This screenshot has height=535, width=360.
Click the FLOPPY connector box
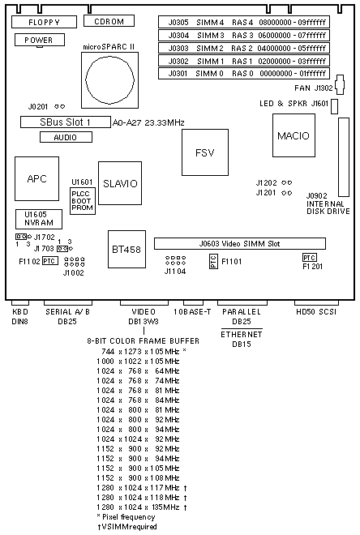click(x=44, y=22)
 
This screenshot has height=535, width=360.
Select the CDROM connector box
click(x=109, y=21)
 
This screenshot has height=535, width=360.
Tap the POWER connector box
click(x=40, y=40)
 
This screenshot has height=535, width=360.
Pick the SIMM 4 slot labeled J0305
click(x=244, y=22)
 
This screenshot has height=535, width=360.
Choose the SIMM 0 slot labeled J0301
click(x=244, y=73)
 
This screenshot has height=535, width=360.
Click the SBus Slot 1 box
click(x=66, y=122)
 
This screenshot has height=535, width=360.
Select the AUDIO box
click(x=66, y=137)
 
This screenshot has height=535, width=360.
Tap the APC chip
click(x=36, y=179)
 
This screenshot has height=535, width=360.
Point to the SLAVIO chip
click(x=120, y=183)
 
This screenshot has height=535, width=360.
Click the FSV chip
click(x=205, y=152)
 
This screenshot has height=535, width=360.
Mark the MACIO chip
click(x=294, y=135)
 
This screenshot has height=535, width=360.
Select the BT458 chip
click(x=126, y=250)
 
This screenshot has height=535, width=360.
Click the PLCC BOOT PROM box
click(x=83, y=201)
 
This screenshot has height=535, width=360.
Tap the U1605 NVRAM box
click(x=39, y=219)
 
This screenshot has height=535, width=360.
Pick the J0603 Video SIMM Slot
click(x=240, y=244)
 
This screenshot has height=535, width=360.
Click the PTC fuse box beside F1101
click(x=213, y=262)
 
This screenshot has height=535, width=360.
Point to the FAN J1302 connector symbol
click(x=340, y=84)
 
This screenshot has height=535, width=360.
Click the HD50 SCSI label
click(x=317, y=312)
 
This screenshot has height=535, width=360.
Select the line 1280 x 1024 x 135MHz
click(x=142, y=507)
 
